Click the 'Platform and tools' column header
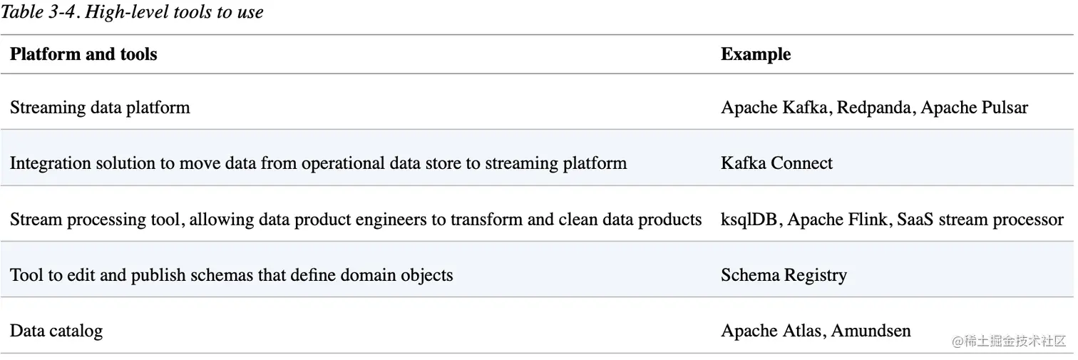(x=83, y=54)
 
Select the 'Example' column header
(x=756, y=54)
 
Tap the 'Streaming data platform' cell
(x=100, y=108)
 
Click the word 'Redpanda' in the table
(x=874, y=108)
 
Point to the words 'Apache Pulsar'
(x=975, y=108)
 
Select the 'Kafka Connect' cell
(x=776, y=163)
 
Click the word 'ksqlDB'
(x=749, y=220)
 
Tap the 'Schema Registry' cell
(x=784, y=275)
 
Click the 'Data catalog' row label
(x=56, y=331)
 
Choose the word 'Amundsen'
(x=871, y=331)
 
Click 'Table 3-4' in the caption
(x=39, y=12)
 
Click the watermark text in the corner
(x=1009, y=341)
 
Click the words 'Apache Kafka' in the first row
(x=774, y=108)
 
